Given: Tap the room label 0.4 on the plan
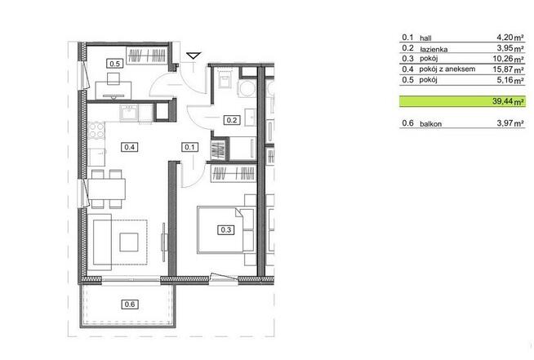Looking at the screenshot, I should pyautogui.click(x=128, y=147).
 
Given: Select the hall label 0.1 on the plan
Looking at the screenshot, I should pyautogui.click(x=189, y=147).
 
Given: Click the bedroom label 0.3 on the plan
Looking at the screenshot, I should pyautogui.click(x=227, y=230).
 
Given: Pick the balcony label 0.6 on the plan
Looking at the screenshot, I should pyautogui.click(x=128, y=305).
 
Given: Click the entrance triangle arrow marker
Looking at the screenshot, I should pyautogui.click(x=194, y=56).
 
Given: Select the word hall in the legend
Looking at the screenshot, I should pyautogui.click(x=426, y=38).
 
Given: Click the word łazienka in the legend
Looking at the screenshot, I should pyautogui.click(x=434, y=49).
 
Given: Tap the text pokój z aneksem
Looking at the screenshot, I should pyautogui.click(x=447, y=70).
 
